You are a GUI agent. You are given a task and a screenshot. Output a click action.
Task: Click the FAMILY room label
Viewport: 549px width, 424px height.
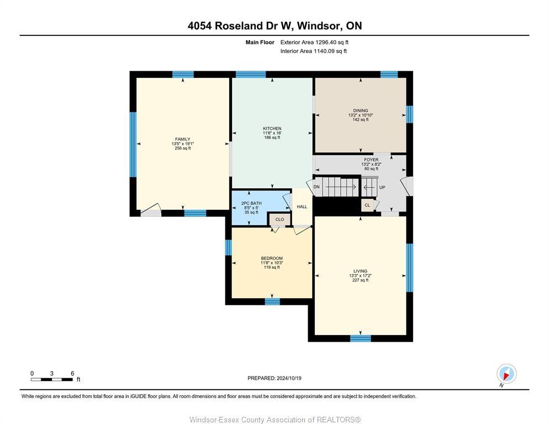(x=182, y=139)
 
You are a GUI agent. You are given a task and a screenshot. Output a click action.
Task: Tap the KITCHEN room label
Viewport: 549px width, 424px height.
(x=272, y=129)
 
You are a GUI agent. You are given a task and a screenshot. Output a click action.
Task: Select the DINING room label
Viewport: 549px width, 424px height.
(x=361, y=110)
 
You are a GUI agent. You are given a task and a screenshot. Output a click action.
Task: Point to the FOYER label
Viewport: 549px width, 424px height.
(x=371, y=160)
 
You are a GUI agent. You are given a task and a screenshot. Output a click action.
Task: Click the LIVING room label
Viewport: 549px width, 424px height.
(x=360, y=271)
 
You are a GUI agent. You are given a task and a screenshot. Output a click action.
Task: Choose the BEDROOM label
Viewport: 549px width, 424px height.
(x=272, y=258)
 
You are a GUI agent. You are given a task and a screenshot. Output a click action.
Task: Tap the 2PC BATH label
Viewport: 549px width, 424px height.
(x=251, y=203)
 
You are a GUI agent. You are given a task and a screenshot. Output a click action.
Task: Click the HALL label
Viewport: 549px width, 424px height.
(x=302, y=207)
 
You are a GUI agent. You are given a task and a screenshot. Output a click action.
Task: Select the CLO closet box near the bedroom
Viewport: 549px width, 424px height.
(x=279, y=219)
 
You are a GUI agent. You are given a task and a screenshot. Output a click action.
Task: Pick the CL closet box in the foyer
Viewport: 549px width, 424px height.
(x=367, y=205)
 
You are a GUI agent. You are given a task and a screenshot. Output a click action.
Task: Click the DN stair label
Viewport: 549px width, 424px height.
(x=316, y=187)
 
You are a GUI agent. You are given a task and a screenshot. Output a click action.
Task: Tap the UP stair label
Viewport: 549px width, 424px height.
(x=382, y=188)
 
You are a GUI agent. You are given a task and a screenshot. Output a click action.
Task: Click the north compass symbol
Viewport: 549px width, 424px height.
(x=506, y=374)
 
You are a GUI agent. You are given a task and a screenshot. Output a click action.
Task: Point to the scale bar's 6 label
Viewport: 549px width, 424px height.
(x=72, y=373)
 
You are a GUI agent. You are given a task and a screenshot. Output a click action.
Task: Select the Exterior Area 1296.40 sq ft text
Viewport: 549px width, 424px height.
(x=314, y=42)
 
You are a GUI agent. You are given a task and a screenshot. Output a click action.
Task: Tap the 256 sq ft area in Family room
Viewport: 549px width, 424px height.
(x=182, y=148)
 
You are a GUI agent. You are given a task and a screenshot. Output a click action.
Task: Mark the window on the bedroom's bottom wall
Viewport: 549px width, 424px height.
(x=272, y=301)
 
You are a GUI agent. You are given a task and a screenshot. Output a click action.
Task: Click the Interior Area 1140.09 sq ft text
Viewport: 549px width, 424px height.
(x=313, y=51)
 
